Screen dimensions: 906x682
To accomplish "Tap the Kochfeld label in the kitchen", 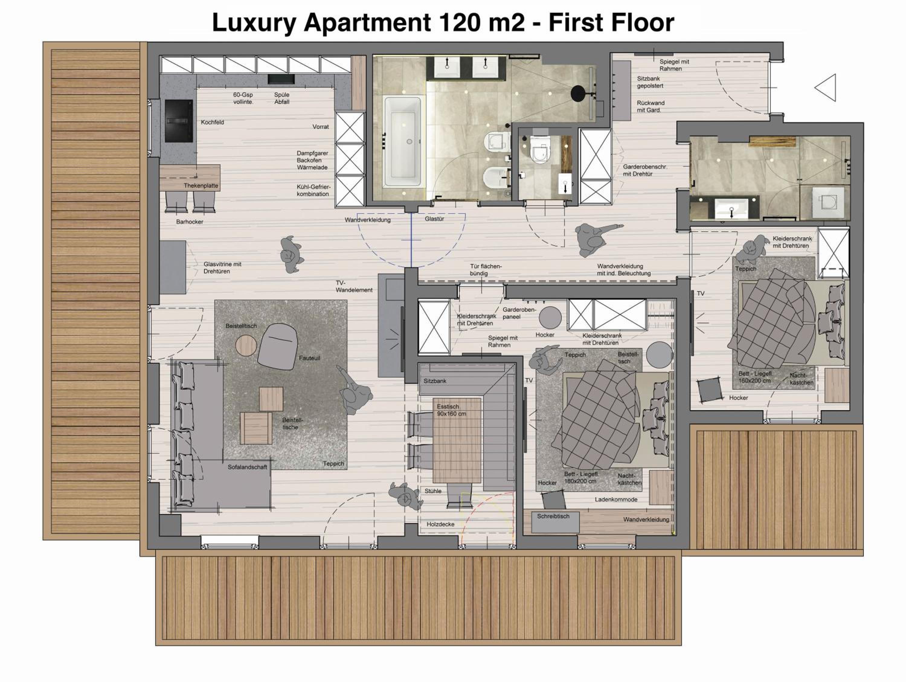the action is (212, 122).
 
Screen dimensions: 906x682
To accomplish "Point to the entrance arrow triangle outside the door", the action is (825, 88).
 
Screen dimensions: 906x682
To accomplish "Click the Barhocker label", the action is (190, 222).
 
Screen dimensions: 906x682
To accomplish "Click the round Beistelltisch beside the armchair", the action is (246, 345).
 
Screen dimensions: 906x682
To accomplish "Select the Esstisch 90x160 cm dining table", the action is (457, 440).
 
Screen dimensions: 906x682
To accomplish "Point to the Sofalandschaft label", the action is (247, 467).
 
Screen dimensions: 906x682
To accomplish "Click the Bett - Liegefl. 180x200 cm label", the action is (581, 478).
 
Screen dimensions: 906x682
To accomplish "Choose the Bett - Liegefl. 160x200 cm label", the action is (756, 377).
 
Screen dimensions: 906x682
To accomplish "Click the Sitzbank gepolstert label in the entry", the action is (650, 82).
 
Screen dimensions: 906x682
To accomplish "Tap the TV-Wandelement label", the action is (354, 286).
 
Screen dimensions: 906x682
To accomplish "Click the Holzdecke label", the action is (440, 524).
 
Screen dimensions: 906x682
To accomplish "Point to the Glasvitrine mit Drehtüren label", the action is (222, 268).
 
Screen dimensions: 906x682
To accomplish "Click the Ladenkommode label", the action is (616, 500).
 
